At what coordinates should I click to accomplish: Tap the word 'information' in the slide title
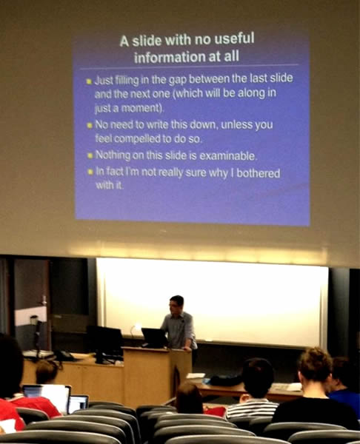(170, 58)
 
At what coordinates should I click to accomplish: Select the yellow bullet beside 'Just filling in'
(89, 81)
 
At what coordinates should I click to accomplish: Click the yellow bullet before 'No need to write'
(90, 125)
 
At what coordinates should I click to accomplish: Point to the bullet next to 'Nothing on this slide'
(90, 155)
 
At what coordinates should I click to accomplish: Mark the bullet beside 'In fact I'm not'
(90, 172)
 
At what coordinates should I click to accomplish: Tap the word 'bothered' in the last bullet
(259, 173)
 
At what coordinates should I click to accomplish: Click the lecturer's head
(176, 304)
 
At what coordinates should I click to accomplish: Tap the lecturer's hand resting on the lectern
(187, 349)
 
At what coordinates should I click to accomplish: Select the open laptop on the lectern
(155, 338)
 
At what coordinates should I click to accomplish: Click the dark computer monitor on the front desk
(104, 342)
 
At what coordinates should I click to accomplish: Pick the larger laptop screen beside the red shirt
(47, 397)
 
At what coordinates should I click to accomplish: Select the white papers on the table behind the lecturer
(196, 376)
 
